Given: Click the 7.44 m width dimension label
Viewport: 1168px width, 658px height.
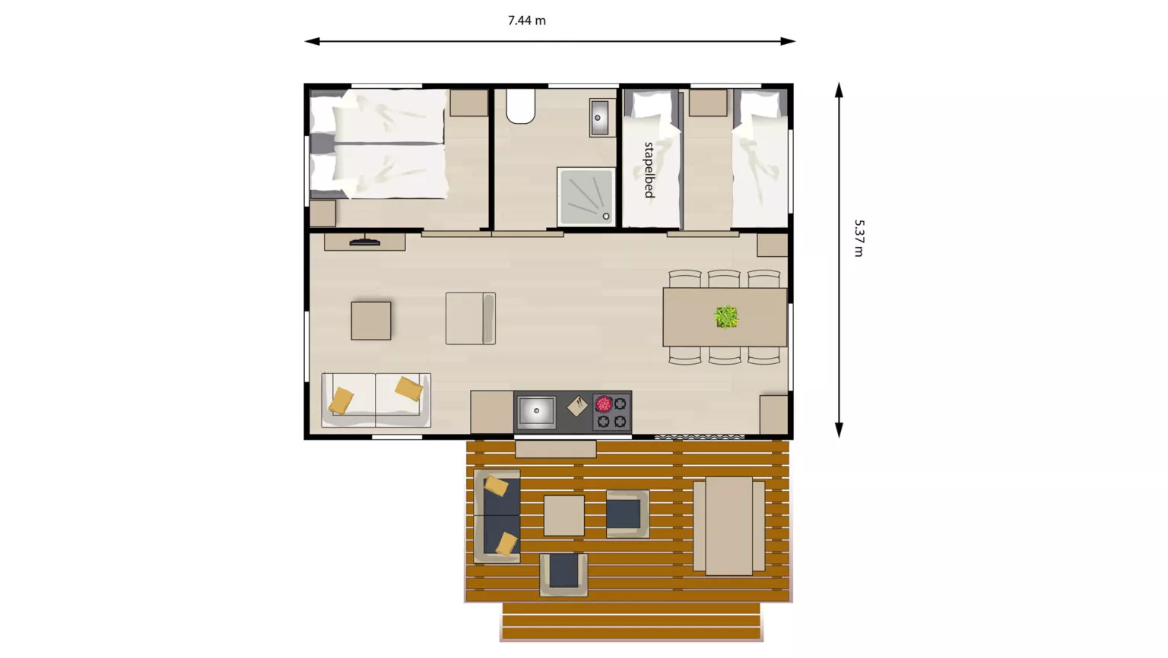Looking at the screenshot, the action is [527, 21].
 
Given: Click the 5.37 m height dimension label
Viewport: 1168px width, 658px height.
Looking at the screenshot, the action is [859, 238].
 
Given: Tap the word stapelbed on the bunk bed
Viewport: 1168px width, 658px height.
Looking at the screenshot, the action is [649, 170].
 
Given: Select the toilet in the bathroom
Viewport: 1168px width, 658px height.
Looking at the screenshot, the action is [520, 106].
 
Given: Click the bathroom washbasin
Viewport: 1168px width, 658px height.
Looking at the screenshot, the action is [600, 118].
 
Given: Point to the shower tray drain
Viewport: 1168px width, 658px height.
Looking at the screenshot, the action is [606, 217].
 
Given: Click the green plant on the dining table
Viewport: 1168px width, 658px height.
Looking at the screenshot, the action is [726, 316].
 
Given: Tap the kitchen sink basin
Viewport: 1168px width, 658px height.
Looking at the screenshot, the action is [536, 412].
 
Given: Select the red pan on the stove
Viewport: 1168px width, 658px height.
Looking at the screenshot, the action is [603, 403].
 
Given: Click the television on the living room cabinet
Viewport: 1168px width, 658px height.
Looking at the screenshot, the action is [364, 242].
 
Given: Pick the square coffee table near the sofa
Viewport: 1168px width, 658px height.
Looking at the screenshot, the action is [371, 321].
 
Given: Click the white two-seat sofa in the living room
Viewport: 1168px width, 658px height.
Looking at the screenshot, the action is [376, 400].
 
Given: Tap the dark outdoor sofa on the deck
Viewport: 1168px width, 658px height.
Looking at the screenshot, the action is [497, 516].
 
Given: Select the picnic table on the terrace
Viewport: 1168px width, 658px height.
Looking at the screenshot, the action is [729, 526].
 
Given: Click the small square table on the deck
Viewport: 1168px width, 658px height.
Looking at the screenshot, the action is [563, 515].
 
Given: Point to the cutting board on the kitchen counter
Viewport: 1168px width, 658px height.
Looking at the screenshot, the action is [577, 407].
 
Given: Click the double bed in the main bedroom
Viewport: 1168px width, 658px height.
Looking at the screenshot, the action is [379, 144].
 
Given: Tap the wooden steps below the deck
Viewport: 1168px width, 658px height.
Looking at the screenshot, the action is [631, 622].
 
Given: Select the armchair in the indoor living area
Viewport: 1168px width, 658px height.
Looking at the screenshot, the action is [471, 318].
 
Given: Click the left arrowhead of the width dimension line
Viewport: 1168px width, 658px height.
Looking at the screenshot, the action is [311, 41].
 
